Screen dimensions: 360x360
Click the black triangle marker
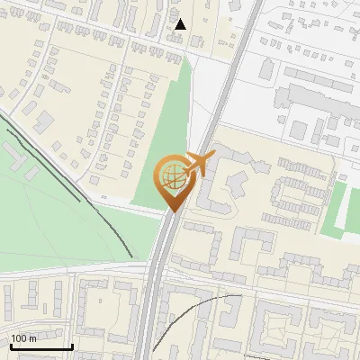(x=180, y=24)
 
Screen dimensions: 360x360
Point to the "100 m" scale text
(x=24, y=338)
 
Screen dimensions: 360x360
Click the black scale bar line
(x=41, y=346)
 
